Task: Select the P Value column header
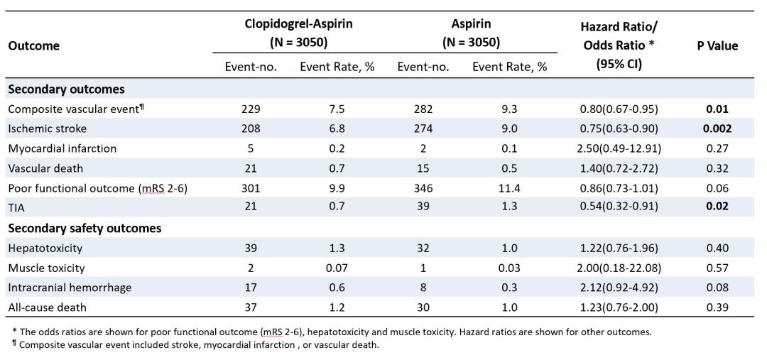click(x=717, y=46)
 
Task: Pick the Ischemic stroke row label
click(x=47, y=129)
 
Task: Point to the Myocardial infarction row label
click(x=62, y=148)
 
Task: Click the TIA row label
click(x=16, y=207)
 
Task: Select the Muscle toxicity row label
click(x=46, y=268)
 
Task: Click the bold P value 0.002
click(x=717, y=129)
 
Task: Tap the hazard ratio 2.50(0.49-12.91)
click(x=619, y=148)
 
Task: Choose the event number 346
click(x=423, y=188)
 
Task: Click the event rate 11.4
click(x=509, y=188)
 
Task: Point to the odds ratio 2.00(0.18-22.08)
click(x=619, y=268)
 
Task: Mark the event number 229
click(x=251, y=109)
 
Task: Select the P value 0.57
click(x=717, y=268)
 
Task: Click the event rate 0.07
click(x=337, y=268)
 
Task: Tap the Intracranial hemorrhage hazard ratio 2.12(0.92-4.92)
click(x=619, y=288)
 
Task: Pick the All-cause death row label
click(x=47, y=307)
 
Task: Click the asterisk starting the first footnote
click(x=15, y=331)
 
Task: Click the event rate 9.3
click(x=509, y=109)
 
